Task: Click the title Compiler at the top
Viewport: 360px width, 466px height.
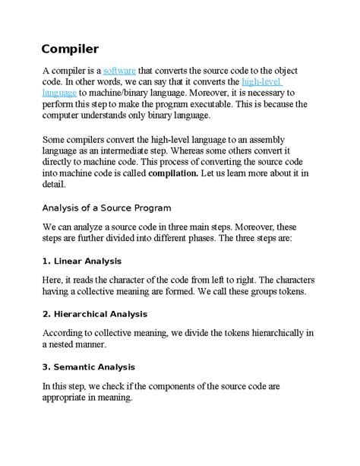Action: (x=70, y=49)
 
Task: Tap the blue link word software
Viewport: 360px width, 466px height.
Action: (x=118, y=70)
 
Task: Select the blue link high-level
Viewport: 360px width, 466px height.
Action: (x=261, y=81)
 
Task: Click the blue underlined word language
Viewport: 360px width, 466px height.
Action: (x=59, y=93)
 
